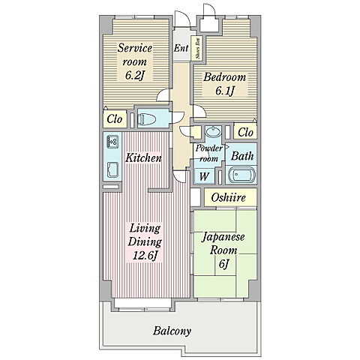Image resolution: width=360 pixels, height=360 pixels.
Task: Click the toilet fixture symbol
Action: point(147,119)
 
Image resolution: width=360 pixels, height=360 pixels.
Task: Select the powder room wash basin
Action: point(213,131)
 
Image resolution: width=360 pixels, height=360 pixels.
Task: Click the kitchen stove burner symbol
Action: point(112,142)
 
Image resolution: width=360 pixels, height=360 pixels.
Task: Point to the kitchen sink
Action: point(112,169)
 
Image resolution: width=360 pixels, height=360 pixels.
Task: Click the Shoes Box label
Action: point(198,49)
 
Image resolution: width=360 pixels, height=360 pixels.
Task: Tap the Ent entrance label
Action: point(181,48)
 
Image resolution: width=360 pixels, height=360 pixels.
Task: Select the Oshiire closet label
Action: point(228,197)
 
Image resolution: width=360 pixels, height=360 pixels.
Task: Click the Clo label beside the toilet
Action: point(115,119)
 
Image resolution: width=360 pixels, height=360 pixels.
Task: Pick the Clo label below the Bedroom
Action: point(245,132)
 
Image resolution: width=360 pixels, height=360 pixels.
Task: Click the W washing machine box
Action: point(204,177)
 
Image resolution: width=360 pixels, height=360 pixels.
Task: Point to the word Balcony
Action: point(172,331)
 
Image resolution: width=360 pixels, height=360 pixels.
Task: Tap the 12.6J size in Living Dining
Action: point(145,256)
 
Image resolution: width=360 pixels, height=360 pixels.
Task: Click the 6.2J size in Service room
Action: point(135,75)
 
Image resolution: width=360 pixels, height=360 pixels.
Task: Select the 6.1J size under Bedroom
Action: point(225,91)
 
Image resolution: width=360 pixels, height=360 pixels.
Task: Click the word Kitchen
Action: point(143,158)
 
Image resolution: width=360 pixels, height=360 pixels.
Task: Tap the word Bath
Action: point(242,156)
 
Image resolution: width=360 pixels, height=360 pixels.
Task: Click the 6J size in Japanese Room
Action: point(223,264)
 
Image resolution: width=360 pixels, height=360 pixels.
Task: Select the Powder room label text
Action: point(208,153)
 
